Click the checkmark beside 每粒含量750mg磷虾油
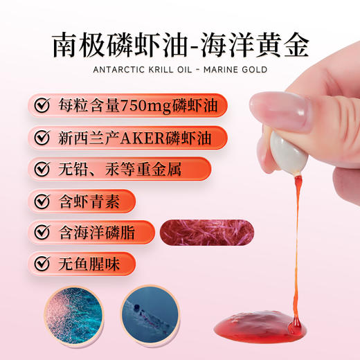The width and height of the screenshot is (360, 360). click(x=42, y=105)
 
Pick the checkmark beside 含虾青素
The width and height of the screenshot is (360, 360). click(x=42, y=201)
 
